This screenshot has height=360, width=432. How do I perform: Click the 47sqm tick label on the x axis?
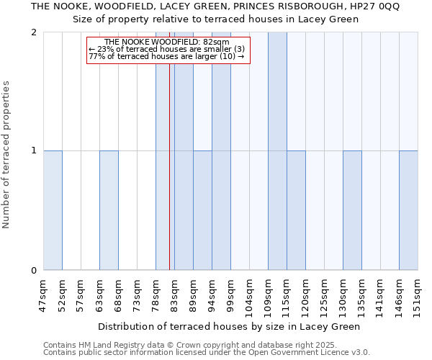tap(44, 293)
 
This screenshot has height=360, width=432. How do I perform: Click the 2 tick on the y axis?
tap(34, 32)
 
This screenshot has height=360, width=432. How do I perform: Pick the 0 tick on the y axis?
tap(34, 271)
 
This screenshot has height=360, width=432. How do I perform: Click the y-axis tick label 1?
tap(34, 150)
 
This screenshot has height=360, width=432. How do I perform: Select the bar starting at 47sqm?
tap(53, 210)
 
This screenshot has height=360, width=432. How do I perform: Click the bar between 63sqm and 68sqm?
tap(109, 210)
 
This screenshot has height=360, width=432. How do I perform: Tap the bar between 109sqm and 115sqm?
tap(277, 151)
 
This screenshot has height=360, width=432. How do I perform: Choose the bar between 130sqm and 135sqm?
tap(352, 210)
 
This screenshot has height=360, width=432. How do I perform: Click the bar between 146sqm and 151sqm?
tap(408, 210)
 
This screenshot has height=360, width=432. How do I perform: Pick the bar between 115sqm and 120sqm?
tap(296, 210)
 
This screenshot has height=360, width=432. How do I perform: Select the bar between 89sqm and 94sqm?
tap(202, 210)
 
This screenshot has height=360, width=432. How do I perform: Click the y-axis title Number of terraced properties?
tap(6, 155)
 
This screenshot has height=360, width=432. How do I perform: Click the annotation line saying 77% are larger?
tap(167, 57)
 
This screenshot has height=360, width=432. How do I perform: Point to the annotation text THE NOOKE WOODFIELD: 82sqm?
tap(167, 42)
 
